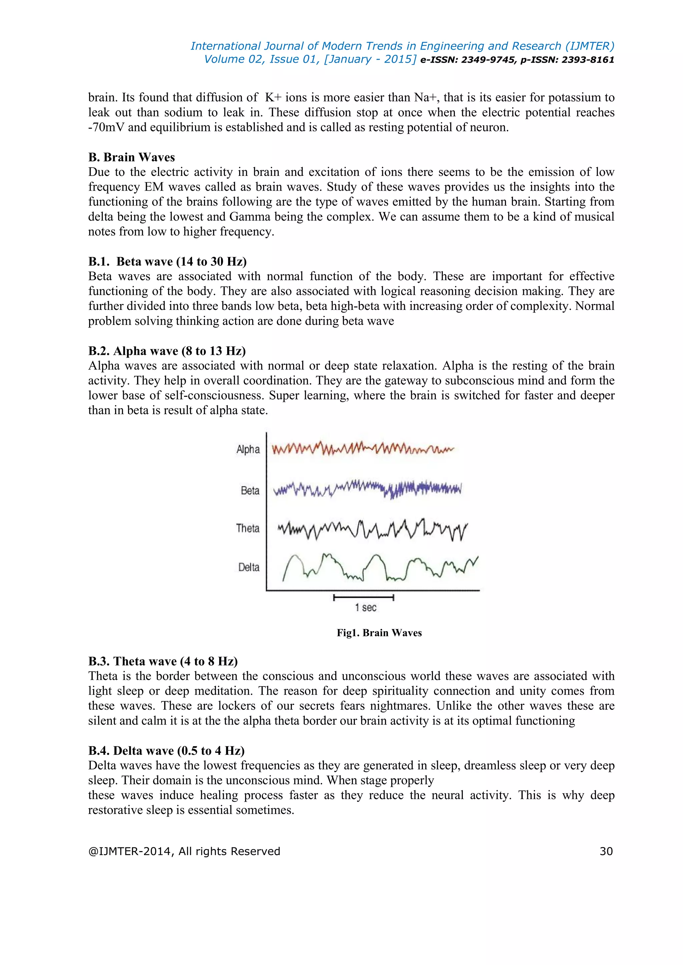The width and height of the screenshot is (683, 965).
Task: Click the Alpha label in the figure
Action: [248, 449]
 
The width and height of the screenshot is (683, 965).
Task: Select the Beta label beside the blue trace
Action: [250, 490]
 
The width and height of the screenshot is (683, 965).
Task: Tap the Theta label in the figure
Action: [248, 528]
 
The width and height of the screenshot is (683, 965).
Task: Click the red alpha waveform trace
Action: [362, 449]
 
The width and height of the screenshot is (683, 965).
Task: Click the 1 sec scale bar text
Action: [365, 607]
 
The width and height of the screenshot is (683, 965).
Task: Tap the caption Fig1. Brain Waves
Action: [379, 633]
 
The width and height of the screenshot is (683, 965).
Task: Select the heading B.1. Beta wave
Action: [167, 262]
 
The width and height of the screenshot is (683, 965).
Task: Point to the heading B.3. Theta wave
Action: [163, 661]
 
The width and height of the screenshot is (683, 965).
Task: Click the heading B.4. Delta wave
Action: [166, 751]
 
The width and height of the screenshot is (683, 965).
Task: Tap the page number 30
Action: [606, 851]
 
